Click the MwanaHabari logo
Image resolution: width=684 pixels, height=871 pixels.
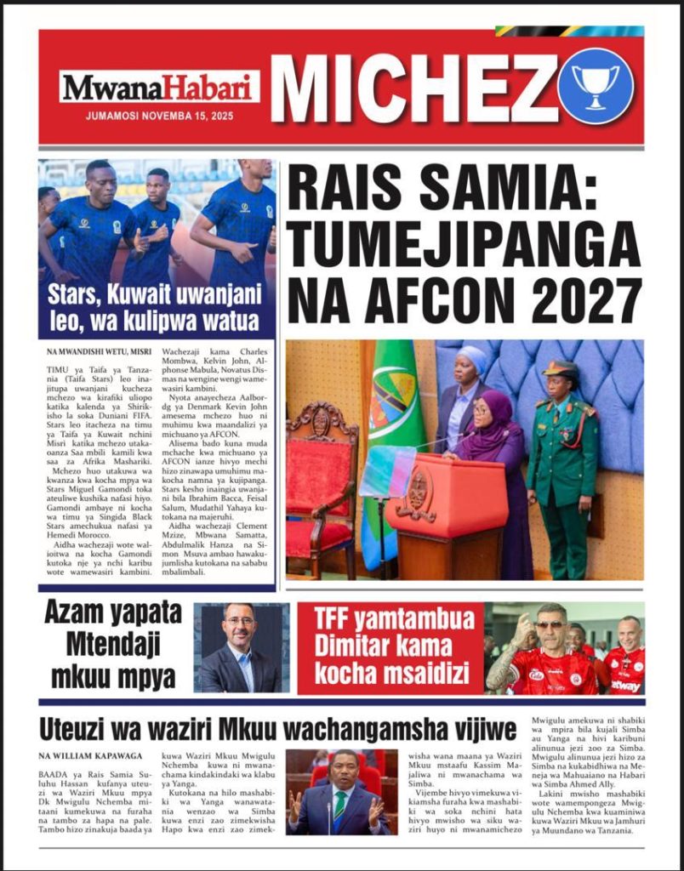[158, 88]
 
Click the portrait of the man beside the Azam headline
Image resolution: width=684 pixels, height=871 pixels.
[239, 648]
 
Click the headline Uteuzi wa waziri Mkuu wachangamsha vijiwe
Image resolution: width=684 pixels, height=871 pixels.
[277, 730]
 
